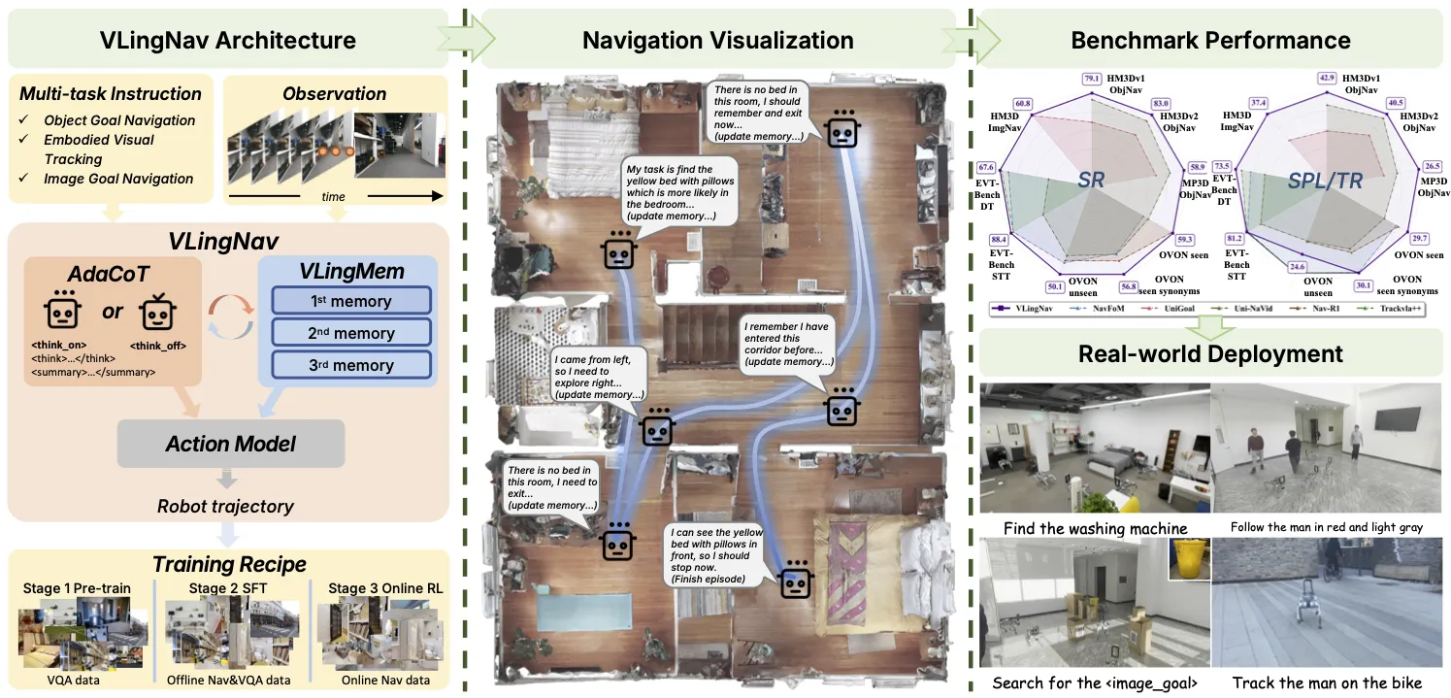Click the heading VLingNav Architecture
[x=228, y=41]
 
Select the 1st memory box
[x=350, y=301]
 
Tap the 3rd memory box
[x=350, y=365]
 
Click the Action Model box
[x=231, y=444]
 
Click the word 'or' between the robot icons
[x=113, y=313]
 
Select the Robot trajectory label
[x=225, y=506]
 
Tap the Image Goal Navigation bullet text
[x=118, y=179]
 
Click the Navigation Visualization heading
[x=718, y=41]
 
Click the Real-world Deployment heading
[x=1210, y=353]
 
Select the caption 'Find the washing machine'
[x=1095, y=528]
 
